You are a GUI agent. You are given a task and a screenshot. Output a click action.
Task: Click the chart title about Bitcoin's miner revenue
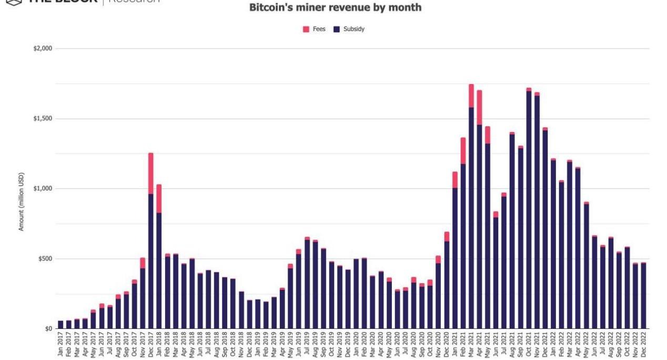[x=335, y=8]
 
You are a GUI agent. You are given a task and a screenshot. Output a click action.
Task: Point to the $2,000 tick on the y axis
[x=42, y=48]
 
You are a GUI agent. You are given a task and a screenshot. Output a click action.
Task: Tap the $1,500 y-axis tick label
[x=42, y=118]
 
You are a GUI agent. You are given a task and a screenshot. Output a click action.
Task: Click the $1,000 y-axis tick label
[x=42, y=188]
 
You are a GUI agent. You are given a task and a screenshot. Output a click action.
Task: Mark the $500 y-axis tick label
[x=44, y=258]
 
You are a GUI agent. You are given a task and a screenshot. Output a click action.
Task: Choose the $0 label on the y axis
[x=48, y=328]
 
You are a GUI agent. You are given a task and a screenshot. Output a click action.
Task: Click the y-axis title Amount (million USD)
[x=22, y=201]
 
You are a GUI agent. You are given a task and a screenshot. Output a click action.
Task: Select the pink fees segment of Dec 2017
[x=151, y=174]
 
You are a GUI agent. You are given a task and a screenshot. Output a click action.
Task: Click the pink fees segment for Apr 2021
[x=479, y=107]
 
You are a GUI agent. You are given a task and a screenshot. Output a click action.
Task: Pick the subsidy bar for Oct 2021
[x=529, y=211]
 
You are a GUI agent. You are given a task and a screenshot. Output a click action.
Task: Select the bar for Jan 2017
[x=60, y=324]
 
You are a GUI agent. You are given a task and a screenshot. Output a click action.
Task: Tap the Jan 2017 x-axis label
[x=60, y=345]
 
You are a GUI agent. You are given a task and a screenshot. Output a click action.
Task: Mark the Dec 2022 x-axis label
[x=643, y=345]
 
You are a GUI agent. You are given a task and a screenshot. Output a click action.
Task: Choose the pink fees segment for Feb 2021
[x=463, y=151]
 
